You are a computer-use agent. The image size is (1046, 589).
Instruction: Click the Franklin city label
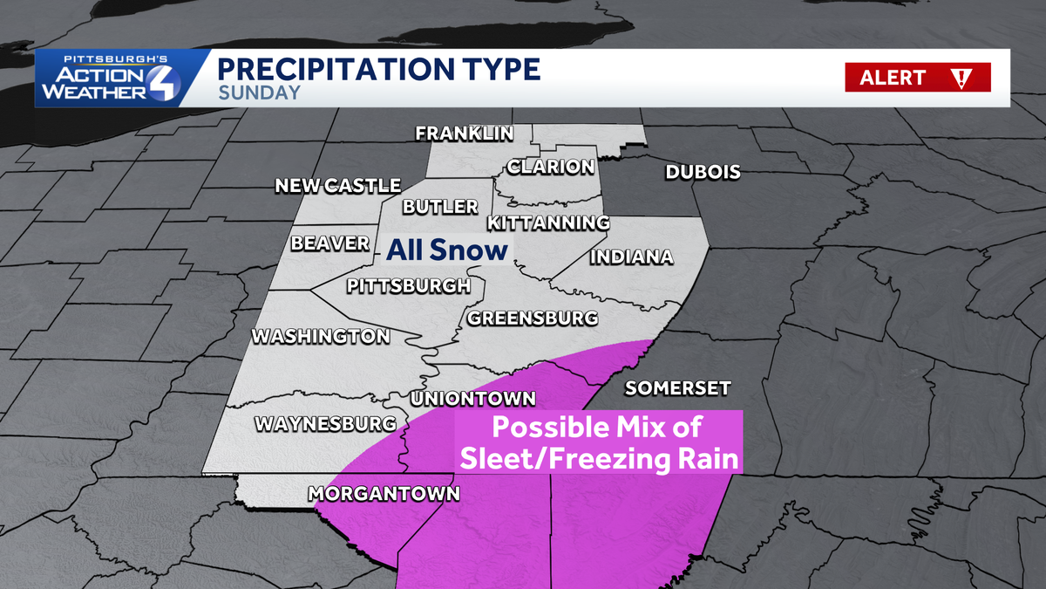point(464,134)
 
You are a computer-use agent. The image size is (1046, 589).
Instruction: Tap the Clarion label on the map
point(551,167)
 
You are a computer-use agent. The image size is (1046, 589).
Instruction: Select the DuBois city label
point(703,172)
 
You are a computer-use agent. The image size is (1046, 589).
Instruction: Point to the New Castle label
point(337,186)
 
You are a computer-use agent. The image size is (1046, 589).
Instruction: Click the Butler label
point(440,207)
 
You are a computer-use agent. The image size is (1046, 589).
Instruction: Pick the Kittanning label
point(547,223)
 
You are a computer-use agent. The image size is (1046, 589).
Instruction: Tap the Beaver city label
point(330,244)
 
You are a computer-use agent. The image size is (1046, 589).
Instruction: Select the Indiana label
point(631,257)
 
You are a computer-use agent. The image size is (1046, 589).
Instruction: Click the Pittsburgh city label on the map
point(408,285)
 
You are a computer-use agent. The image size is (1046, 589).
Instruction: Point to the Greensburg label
point(532,318)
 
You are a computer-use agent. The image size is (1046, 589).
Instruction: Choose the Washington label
point(320,336)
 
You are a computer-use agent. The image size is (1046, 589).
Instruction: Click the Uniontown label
point(472,399)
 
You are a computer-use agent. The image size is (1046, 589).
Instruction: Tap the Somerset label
point(677,388)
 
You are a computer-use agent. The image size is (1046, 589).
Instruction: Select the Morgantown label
point(384,494)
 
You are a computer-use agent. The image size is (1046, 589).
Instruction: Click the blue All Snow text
point(446,251)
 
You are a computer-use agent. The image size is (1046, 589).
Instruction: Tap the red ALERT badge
point(917,78)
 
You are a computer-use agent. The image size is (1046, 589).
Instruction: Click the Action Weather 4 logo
point(112,79)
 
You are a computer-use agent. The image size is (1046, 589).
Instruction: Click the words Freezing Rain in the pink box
point(644,457)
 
